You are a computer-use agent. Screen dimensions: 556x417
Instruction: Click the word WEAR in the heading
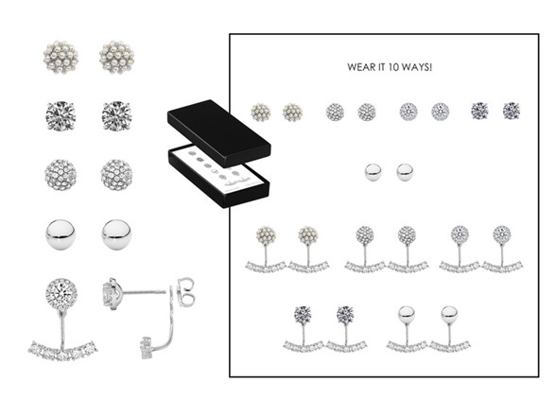(359, 67)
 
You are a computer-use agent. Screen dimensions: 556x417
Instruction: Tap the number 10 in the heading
(393, 67)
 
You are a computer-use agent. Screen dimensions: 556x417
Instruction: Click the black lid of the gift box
(218, 133)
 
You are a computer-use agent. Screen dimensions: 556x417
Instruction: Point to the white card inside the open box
(217, 170)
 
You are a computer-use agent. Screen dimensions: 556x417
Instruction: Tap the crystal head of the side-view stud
(112, 293)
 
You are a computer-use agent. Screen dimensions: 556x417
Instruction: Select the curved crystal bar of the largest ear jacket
(62, 350)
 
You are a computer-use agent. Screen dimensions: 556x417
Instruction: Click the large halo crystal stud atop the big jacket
(61, 294)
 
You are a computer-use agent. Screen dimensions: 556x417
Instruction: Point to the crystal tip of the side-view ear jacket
(146, 348)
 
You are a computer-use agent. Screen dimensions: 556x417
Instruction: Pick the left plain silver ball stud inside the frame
(373, 172)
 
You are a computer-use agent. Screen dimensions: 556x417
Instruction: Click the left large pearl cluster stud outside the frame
(61, 57)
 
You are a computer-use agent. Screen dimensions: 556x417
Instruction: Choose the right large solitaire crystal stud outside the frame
(116, 116)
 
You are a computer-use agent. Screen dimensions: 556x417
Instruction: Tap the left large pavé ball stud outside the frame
(61, 175)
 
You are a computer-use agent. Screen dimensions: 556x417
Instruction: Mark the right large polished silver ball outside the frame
(116, 235)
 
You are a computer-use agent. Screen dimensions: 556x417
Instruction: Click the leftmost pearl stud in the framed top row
(261, 113)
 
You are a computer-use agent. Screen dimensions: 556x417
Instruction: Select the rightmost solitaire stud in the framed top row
(512, 111)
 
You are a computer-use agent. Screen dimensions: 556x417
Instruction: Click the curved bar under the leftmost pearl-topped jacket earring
(266, 267)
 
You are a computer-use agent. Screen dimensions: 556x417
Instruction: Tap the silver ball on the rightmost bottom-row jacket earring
(449, 315)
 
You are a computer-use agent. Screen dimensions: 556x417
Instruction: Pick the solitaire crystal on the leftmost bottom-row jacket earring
(303, 315)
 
